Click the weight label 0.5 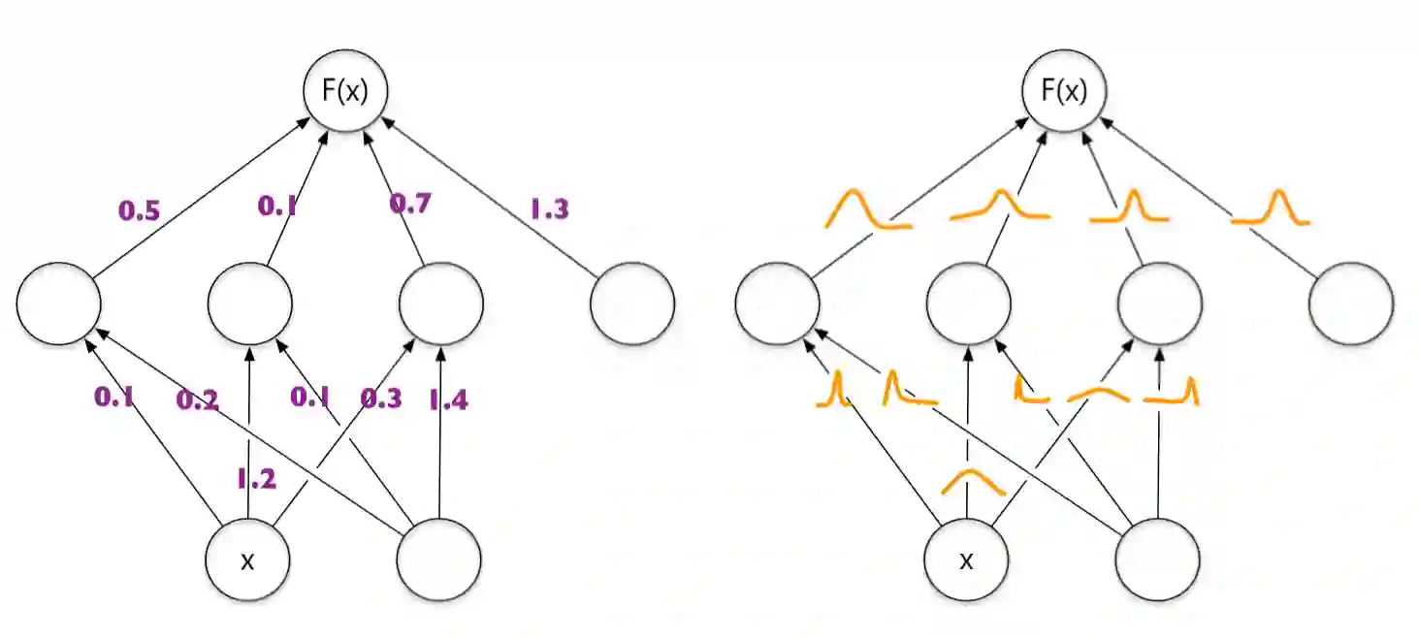[x=140, y=208]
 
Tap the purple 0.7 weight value [x=411, y=205]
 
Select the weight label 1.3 [x=548, y=208]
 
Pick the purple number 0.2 [x=198, y=399]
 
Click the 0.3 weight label [x=382, y=398]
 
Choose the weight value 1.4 [x=447, y=399]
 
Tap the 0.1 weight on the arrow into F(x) [x=279, y=206]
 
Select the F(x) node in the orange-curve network [x=1064, y=91]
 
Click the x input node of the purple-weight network [x=247, y=560]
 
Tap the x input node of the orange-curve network [x=966, y=560]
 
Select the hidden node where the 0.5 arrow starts [x=58, y=303]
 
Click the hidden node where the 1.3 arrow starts [x=631, y=303]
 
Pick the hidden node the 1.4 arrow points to [x=441, y=303]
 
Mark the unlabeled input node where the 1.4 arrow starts [x=439, y=560]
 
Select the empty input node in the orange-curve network [x=1157, y=560]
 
